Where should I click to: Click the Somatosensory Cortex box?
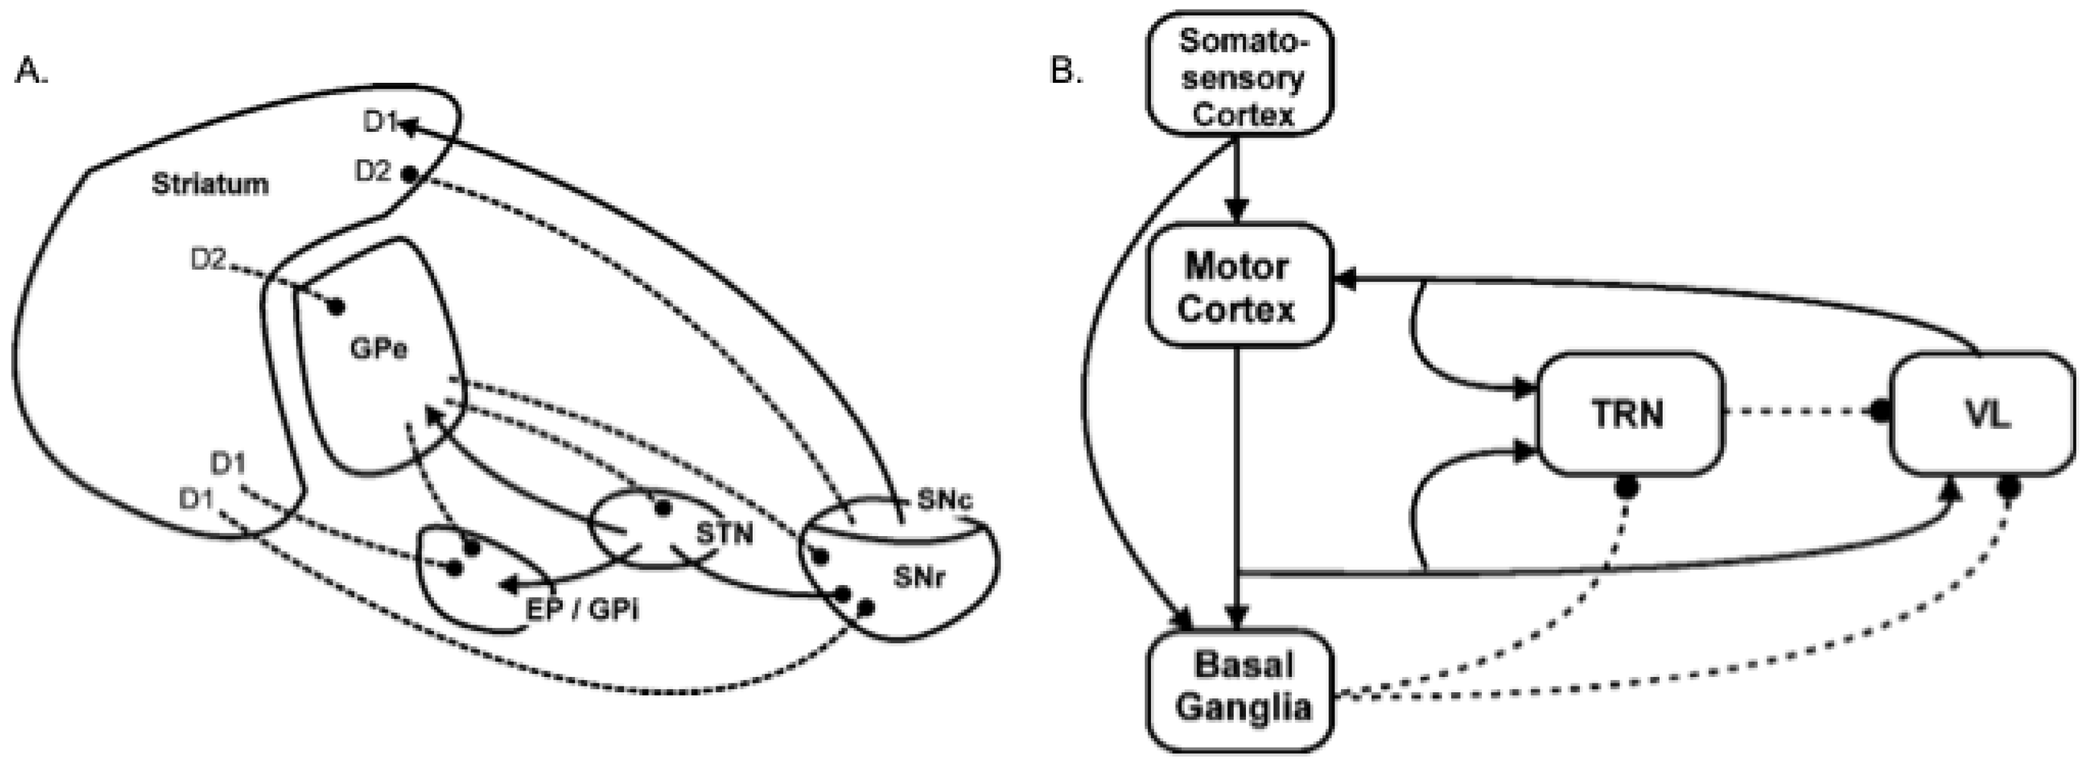[1240, 75]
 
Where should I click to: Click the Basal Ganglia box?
[1241, 688]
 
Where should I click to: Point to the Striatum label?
[210, 184]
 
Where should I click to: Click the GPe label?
[378, 349]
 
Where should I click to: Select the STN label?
[724, 533]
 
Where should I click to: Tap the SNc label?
[944, 500]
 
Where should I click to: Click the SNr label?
[919, 577]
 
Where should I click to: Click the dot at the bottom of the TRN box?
[1627, 487]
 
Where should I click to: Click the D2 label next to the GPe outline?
[208, 259]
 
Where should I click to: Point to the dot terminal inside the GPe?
[336, 307]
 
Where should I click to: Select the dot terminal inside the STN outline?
[663, 509]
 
